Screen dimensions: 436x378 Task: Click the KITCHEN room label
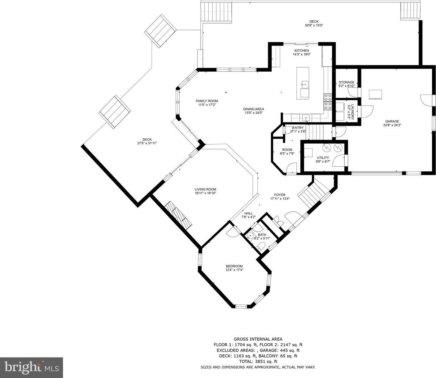[x=302, y=51]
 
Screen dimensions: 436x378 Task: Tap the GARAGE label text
[x=392, y=121]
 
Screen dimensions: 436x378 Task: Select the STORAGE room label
[x=346, y=82]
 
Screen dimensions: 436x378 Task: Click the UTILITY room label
[x=323, y=158]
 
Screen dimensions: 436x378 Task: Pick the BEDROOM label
[x=234, y=266]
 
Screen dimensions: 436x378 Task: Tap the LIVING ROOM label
[x=205, y=189]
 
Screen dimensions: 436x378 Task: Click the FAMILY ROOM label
[x=207, y=101]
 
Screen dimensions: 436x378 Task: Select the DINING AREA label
[x=253, y=109]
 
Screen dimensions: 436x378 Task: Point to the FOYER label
[x=280, y=195]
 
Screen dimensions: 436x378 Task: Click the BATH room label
[x=262, y=235]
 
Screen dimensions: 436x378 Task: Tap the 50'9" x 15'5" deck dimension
[x=314, y=25]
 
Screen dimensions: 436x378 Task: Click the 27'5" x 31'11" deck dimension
[x=147, y=143]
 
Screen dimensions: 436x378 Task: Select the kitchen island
[x=303, y=83]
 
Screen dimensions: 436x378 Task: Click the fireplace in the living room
[x=178, y=215]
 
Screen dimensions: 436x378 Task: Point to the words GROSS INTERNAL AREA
[x=258, y=339]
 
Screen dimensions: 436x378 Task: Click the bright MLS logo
[x=31, y=368]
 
